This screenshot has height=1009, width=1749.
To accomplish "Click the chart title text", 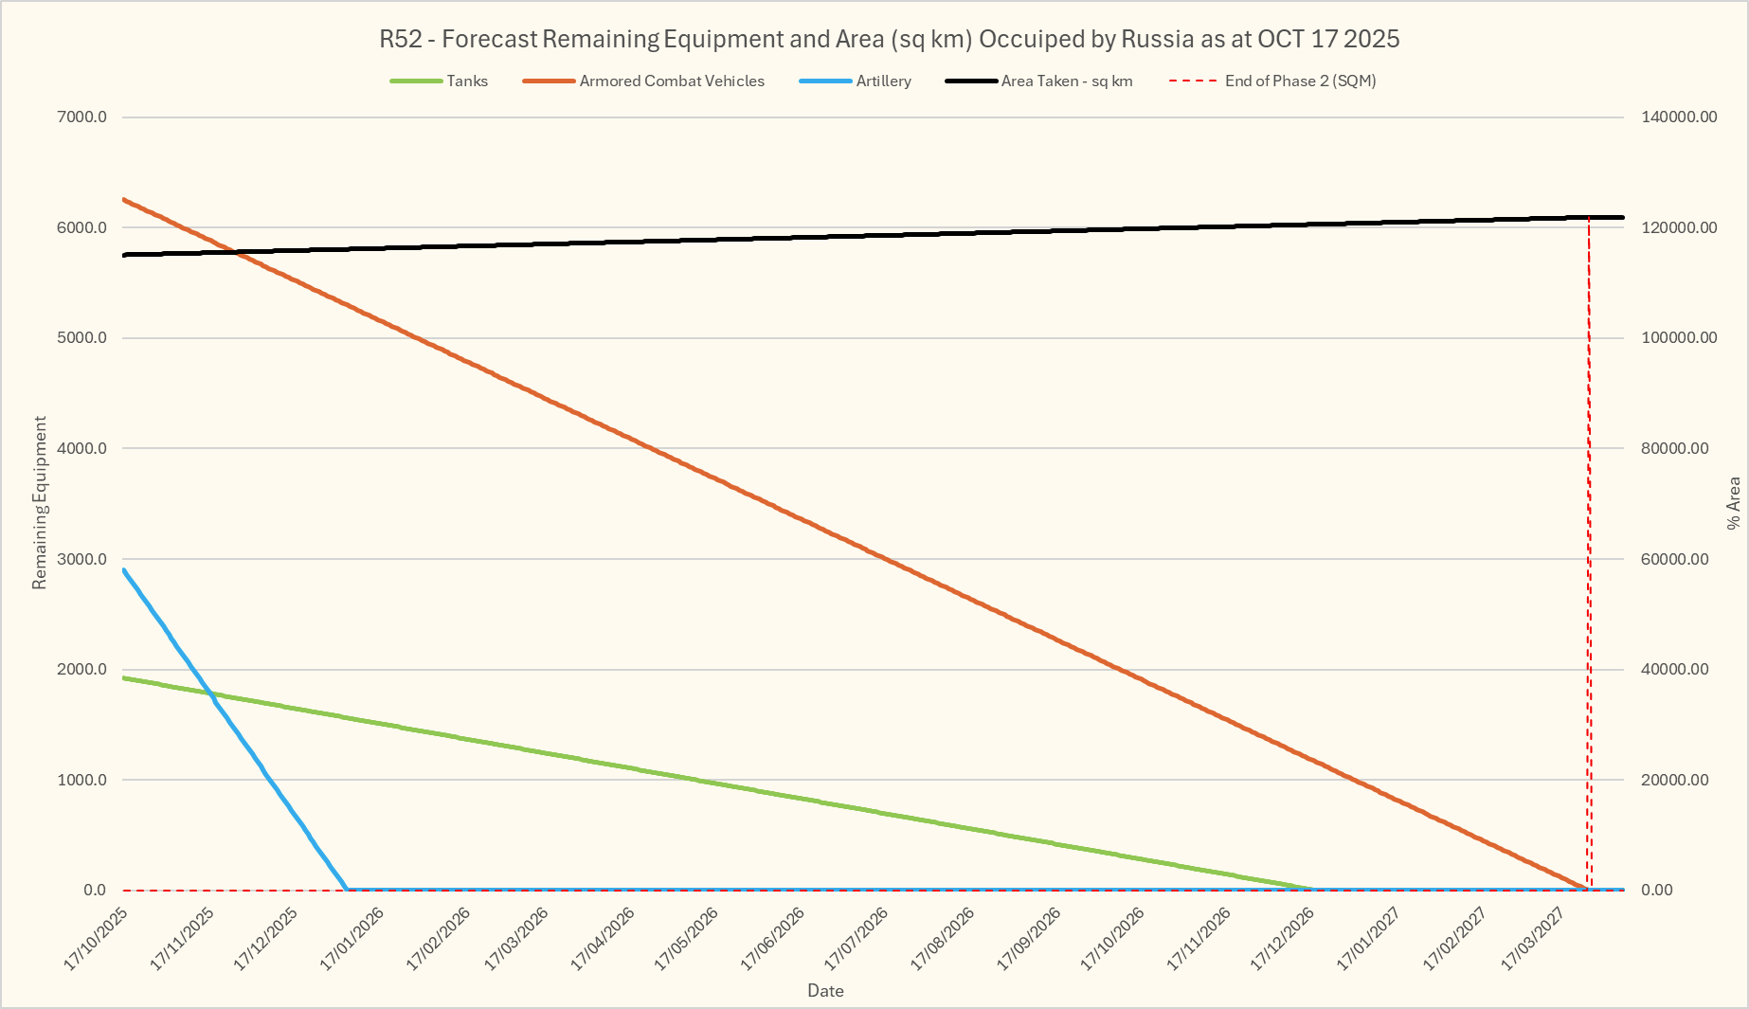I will (x=889, y=39).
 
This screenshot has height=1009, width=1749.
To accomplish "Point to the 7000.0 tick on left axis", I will (x=82, y=117).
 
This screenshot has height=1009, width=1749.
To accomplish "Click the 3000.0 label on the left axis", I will (x=82, y=559).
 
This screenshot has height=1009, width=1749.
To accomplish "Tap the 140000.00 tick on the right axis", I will (x=1679, y=117).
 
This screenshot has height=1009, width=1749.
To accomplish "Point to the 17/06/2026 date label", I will (x=773, y=939).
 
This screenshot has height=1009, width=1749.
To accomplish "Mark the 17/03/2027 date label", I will (x=1534, y=939).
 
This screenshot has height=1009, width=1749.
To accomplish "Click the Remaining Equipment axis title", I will (x=40, y=502).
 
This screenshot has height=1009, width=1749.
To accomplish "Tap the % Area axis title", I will (x=1734, y=502).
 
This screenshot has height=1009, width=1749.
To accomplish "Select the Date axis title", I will (x=825, y=991).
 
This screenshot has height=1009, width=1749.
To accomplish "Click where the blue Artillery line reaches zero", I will (x=347, y=889).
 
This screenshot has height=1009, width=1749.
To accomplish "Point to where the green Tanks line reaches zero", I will (x=1313, y=889).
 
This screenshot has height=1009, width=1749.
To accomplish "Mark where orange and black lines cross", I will (x=233, y=251).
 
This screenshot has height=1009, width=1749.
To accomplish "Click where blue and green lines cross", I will (x=212, y=694).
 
